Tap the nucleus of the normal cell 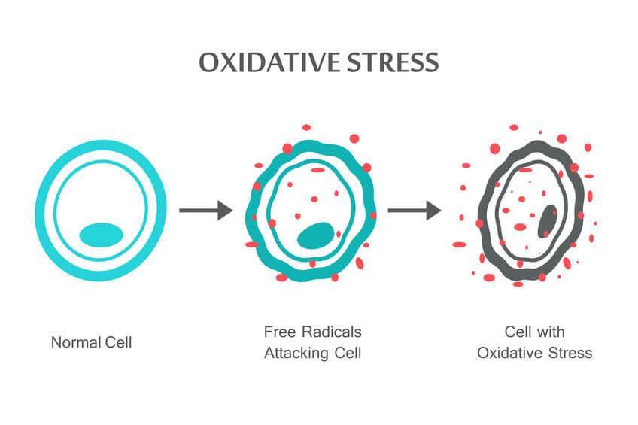tap(101, 234)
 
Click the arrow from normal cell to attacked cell tap(205, 211)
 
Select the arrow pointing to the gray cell tap(414, 211)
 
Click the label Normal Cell tap(91, 342)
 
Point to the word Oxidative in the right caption tap(506, 353)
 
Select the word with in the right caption tap(551, 332)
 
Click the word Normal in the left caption tap(75, 342)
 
